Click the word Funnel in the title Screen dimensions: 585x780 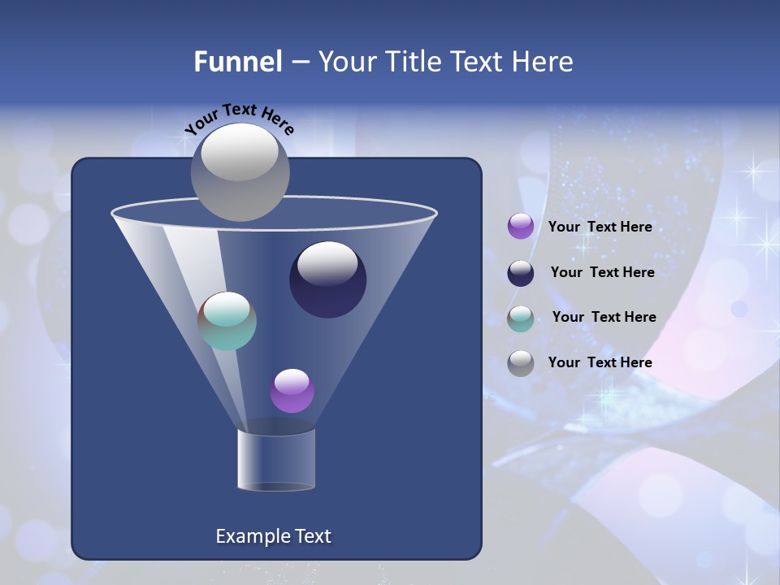(x=238, y=62)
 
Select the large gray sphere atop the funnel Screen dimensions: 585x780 (x=240, y=171)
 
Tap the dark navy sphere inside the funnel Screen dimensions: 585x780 (x=327, y=281)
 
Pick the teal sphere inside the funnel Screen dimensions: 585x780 (x=227, y=321)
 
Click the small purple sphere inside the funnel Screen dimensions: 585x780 (x=292, y=391)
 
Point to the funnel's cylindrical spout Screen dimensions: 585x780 (x=275, y=460)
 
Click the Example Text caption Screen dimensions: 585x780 (x=273, y=536)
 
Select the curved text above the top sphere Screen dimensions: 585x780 (x=239, y=119)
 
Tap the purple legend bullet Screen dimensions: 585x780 (x=521, y=227)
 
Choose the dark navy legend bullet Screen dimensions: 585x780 (x=521, y=273)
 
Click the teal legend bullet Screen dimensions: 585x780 (x=521, y=318)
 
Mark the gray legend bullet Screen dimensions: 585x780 (x=521, y=363)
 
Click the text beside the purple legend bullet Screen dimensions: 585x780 (x=600, y=227)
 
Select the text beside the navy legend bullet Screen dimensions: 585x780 (x=602, y=273)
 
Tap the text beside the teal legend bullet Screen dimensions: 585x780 (x=604, y=318)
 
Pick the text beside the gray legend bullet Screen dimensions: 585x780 (x=600, y=363)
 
